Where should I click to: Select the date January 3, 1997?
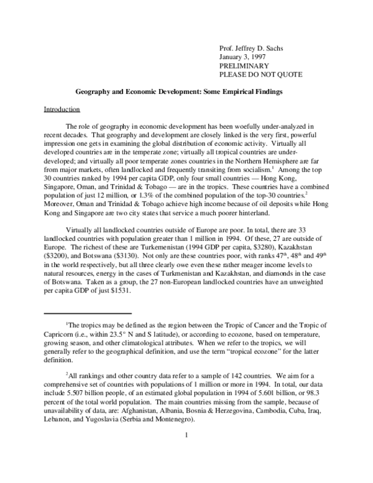pos(244,57)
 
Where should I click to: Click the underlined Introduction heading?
pos(62,110)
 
